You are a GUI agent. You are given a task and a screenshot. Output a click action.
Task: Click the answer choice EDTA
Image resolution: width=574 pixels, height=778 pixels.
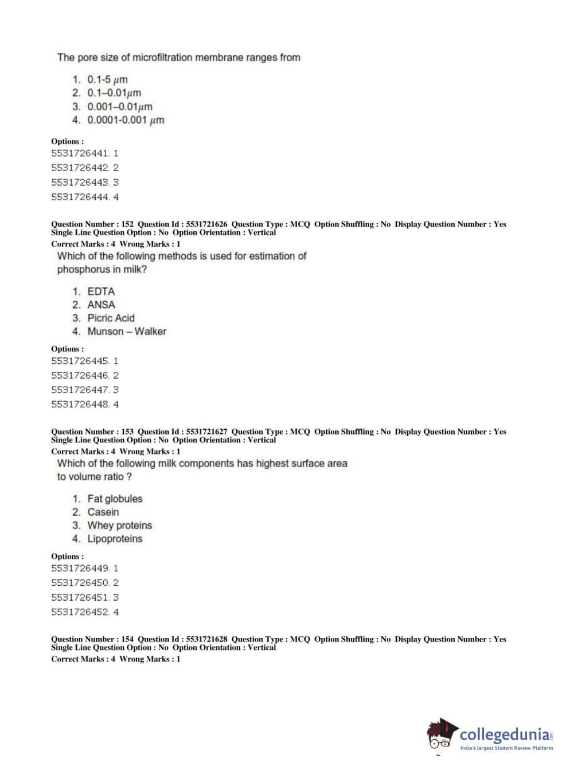pos(101,291)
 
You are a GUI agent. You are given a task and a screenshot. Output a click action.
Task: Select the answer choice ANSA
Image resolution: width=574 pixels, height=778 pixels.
pos(101,305)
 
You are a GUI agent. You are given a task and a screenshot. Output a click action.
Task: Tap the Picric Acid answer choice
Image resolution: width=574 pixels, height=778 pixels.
pos(111,318)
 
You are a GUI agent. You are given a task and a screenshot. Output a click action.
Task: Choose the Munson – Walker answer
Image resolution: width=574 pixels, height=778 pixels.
pos(127,332)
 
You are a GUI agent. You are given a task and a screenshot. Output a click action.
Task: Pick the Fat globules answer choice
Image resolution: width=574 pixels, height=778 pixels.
pos(115,499)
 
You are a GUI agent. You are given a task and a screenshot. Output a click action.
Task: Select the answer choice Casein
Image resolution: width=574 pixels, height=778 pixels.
pos(103,512)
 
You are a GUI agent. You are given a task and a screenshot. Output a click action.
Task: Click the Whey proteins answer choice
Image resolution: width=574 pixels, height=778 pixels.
pos(119,526)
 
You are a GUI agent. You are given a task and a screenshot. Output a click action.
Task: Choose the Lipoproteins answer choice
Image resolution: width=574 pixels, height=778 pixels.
pos(115,539)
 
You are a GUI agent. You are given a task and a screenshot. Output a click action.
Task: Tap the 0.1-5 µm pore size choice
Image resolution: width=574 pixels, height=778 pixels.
pos(107,80)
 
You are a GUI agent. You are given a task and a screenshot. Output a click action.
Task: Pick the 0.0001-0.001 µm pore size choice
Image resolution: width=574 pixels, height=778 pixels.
pos(126,120)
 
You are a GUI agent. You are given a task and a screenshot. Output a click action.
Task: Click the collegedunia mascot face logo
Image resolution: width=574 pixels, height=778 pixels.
pos(441,735)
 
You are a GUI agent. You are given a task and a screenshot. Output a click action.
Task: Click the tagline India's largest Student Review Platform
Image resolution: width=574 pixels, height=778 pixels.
pos(506,748)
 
